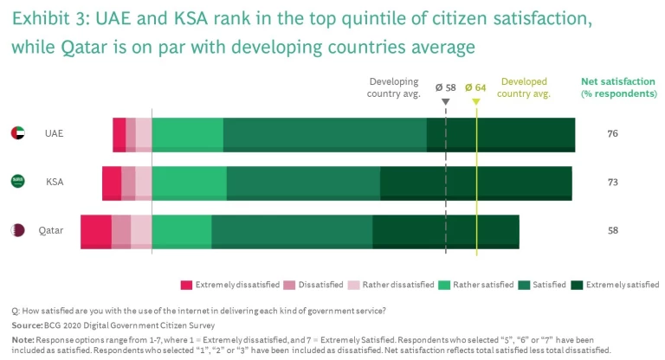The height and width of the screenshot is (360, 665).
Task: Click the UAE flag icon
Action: (x=17, y=133)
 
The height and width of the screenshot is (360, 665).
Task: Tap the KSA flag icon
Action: (x=17, y=182)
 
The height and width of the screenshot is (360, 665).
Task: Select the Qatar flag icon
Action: (x=17, y=230)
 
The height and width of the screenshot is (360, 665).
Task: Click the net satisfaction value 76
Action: (x=612, y=134)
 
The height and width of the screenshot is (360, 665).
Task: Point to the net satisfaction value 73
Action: (x=612, y=183)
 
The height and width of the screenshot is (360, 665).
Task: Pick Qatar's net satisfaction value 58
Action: (x=612, y=231)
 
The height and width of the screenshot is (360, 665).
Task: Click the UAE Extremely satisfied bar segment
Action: (x=500, y=135)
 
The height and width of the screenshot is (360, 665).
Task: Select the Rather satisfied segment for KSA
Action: (x=189, y=183)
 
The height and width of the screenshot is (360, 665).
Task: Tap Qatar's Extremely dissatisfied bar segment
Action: (x=96, y=231)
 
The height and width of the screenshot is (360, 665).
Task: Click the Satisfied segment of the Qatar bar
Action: (x=292, y=231)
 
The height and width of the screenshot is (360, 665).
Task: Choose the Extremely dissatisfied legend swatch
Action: (x=186, y=285)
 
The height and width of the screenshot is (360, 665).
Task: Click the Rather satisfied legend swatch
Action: (x=444, y=285)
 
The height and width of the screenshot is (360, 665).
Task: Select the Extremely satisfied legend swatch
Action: (x=578, y=285)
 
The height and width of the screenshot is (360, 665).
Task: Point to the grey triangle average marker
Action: (x=445, y=101)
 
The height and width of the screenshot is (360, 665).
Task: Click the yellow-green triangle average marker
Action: (x=475, y=101)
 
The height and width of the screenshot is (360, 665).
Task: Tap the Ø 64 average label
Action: (x=475, y=87)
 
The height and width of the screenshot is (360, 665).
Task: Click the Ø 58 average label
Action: (x=445, y=87)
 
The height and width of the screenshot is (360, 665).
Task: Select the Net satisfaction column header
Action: (x=617, y=87)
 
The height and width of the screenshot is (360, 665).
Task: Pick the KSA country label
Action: (x=55, y=183)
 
